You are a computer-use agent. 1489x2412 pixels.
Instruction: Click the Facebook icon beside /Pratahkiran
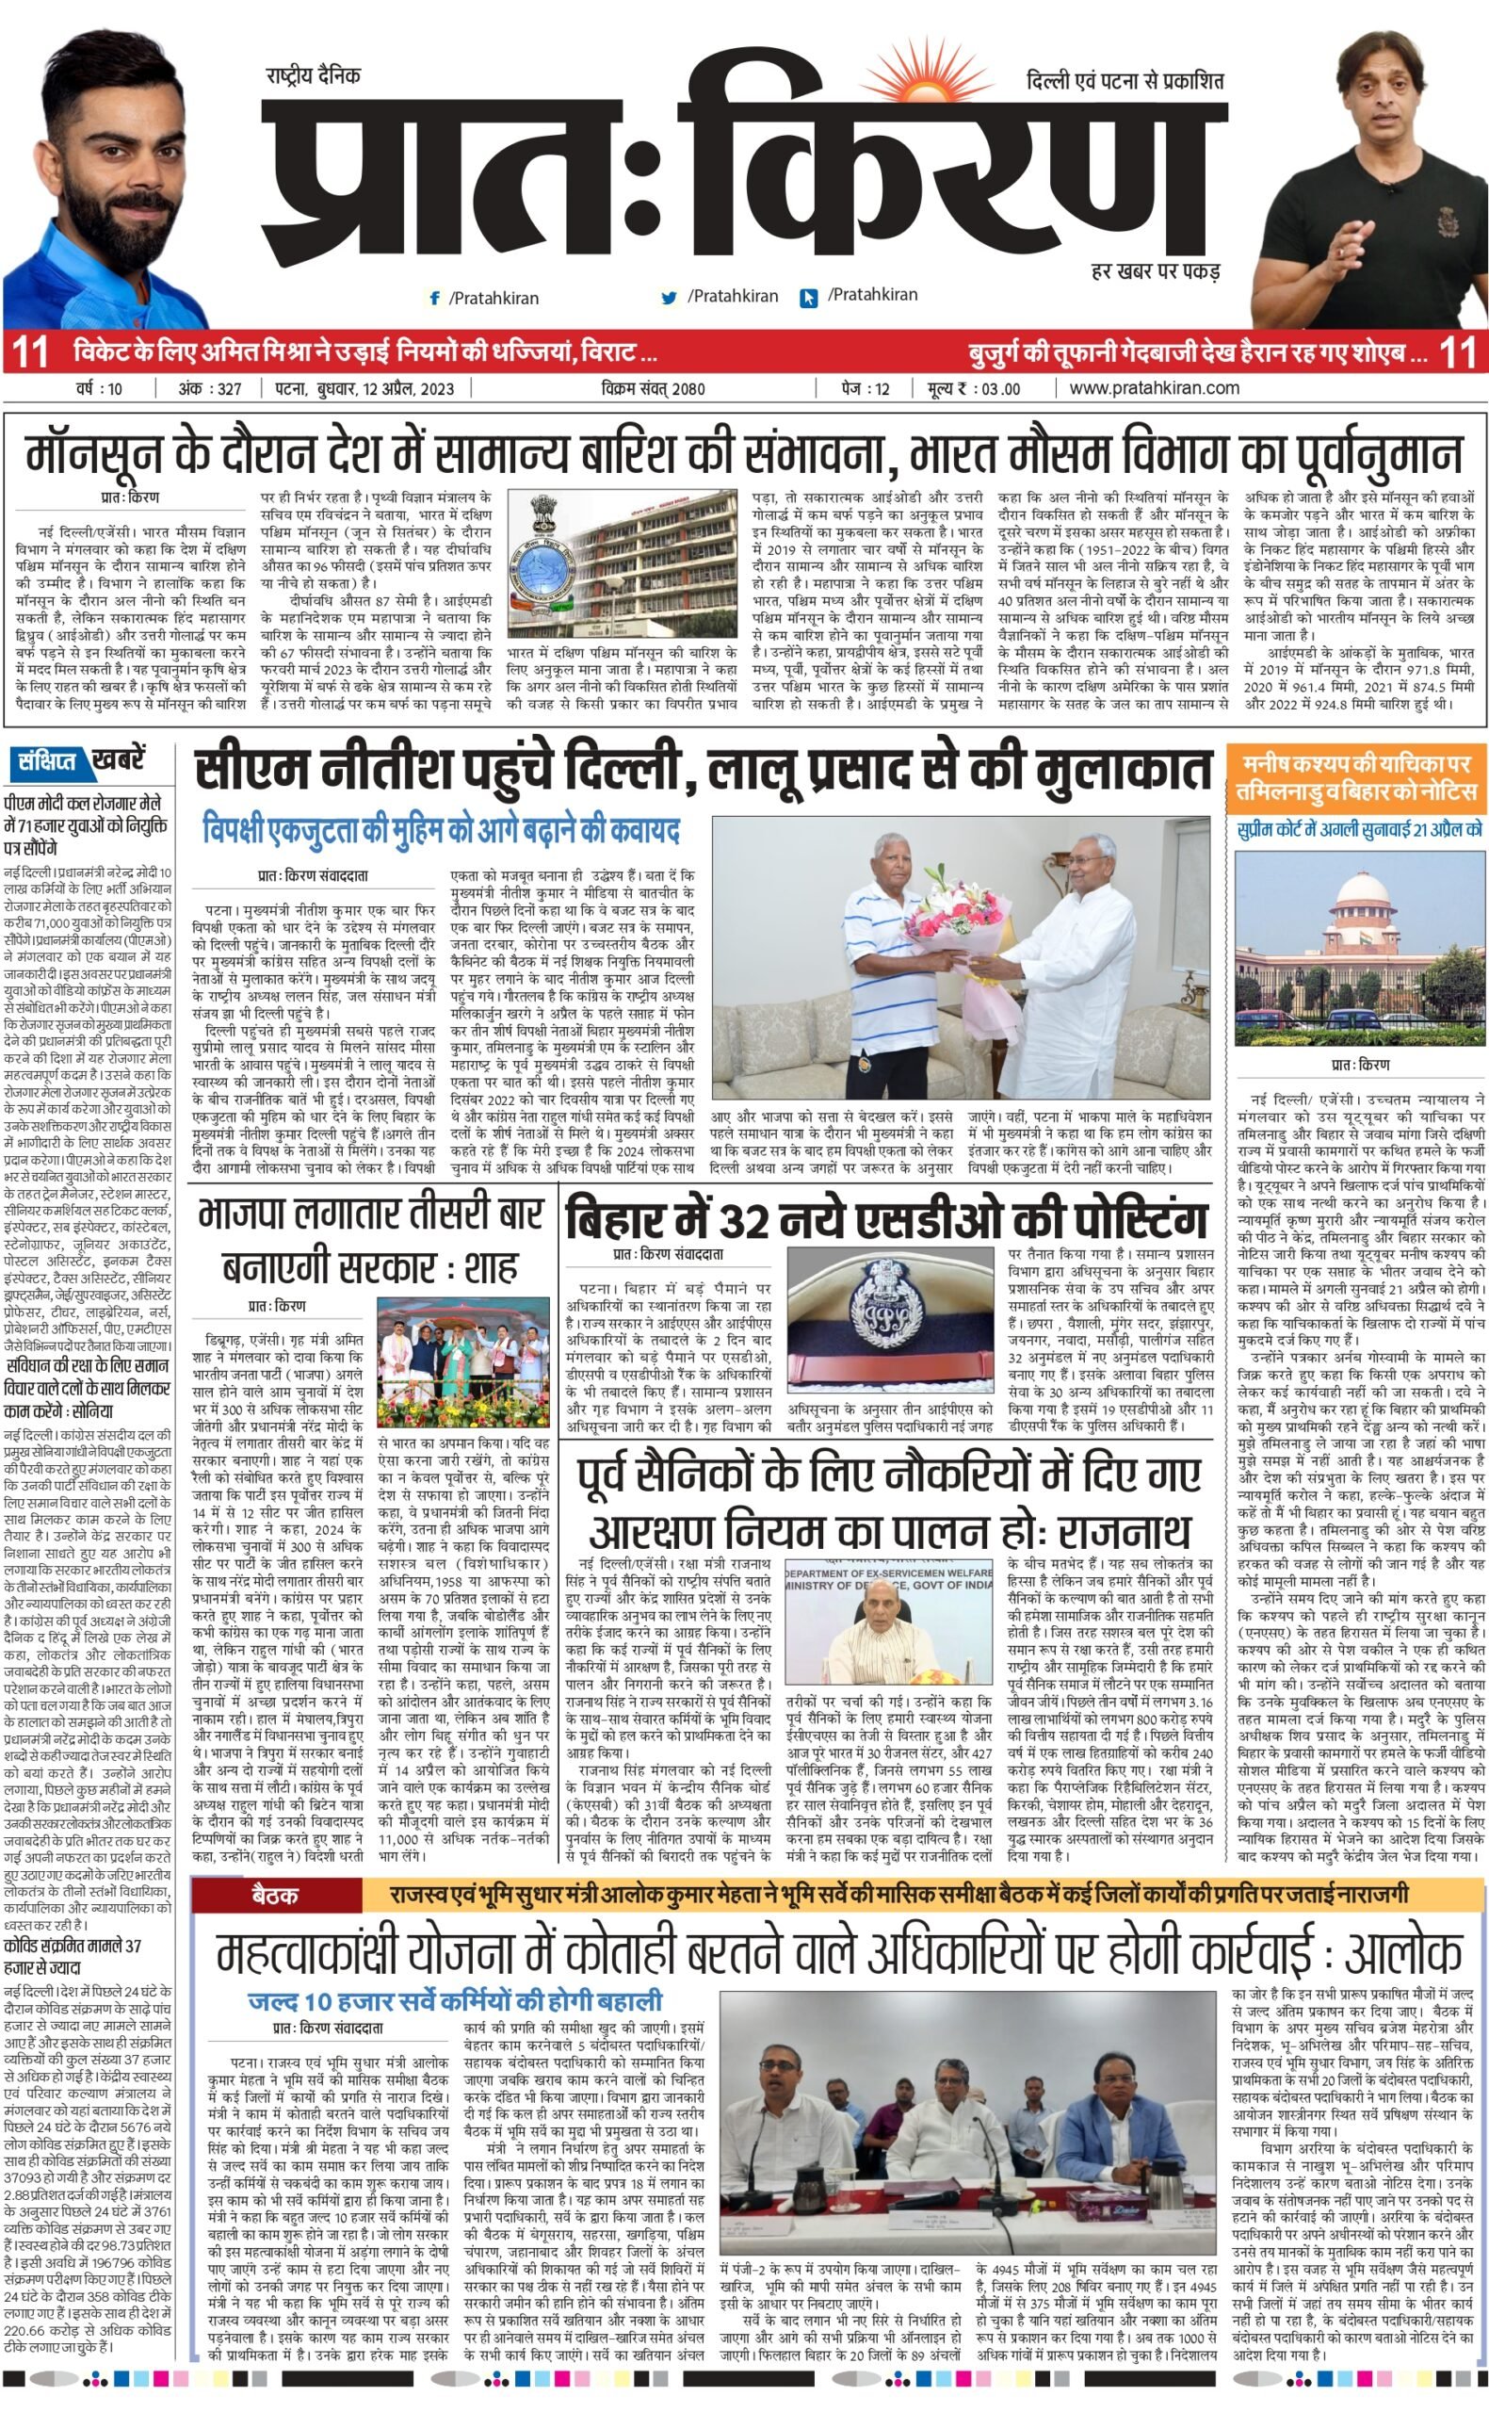[434, 298]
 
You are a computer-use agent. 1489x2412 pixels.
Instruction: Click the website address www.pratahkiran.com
[1154, 388]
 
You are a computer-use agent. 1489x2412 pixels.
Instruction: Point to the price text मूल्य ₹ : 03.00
[973, 389]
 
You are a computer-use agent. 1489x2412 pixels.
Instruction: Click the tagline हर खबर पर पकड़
[1156, 269]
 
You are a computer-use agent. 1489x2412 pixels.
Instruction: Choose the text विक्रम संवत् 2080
[653, 389]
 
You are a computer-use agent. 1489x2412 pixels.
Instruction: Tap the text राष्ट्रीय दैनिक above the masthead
[314, 75]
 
